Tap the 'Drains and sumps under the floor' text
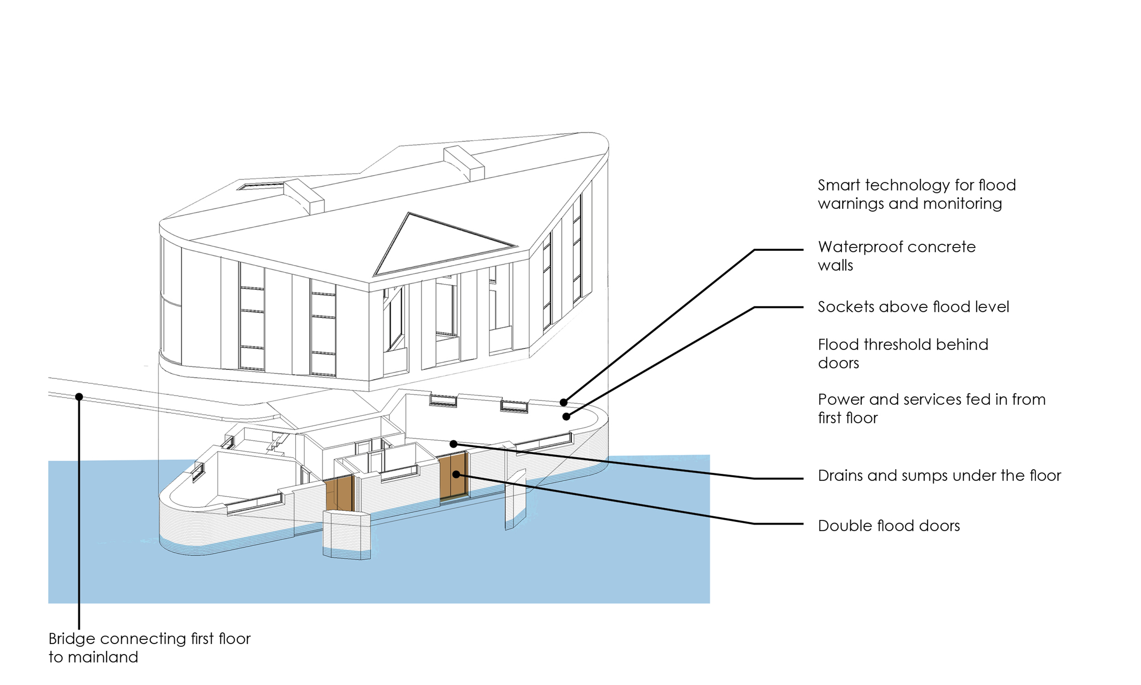(939, 475)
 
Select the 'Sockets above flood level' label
(913, 307)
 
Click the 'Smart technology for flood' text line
(916, 185)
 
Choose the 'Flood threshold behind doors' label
(903, 354)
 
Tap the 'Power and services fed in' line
(931, 399)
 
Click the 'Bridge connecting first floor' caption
(149, 639)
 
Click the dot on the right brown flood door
(456, 474)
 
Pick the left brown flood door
(339, 494)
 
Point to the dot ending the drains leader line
(453, 444)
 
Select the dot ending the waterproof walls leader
(564, 403)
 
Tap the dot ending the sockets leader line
(566, 417)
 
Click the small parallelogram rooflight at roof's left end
(261, 186)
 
